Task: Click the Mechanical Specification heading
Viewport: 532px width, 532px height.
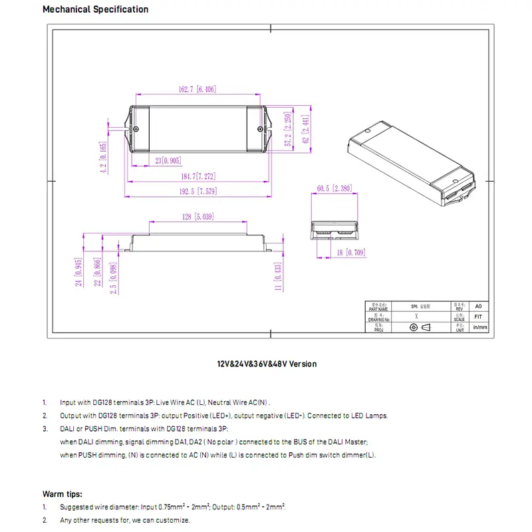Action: [x=95, y=9]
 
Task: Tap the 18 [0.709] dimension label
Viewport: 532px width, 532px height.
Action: [x=348, y=253]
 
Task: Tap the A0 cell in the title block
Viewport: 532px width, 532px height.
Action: [x=477, y=307]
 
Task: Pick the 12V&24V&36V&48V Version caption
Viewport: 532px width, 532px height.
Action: [x=266, y=364]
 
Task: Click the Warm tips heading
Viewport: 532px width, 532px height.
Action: [x=63, y=494]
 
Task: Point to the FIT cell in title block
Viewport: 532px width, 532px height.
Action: [x=477, y=317]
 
